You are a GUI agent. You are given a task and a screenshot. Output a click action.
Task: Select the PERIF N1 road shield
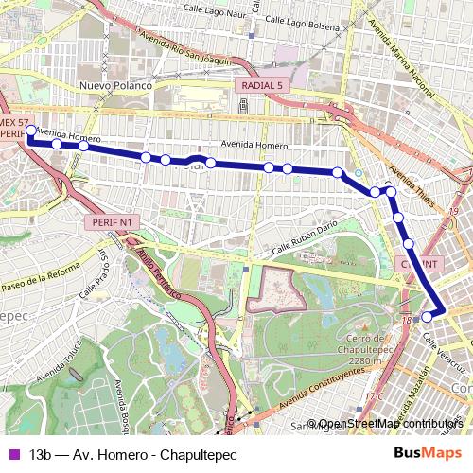(x=115, y=221)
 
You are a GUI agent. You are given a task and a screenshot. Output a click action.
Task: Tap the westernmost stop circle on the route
(x=30, y=131)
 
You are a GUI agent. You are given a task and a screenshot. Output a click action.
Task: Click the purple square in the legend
(x=13, y=453)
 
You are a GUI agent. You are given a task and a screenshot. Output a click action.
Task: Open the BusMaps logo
(x=428, y=453)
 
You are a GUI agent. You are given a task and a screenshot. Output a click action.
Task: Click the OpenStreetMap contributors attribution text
(x=391, y=424)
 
